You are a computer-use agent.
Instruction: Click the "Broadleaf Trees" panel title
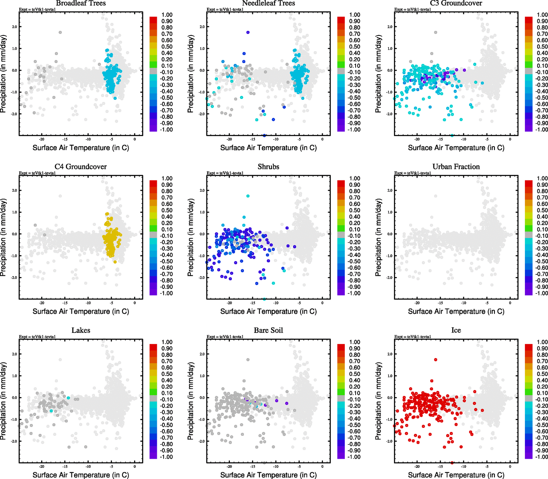[81, 3]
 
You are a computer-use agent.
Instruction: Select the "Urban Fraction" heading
[456, 167]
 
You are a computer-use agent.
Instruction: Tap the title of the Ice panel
[456, 331]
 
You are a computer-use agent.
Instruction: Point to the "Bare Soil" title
[268, 331]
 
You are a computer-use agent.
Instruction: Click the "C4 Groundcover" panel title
[81, 167]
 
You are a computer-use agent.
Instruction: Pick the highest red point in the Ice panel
[435, 360]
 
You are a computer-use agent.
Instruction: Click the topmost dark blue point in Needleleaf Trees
[248, 32]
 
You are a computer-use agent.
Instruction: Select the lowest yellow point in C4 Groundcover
[115, 262]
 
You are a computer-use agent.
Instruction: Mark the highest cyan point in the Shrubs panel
[248, 196]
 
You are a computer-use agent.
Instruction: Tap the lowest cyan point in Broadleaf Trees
[115, 98]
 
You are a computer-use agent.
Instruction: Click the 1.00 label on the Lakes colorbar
[167, 342]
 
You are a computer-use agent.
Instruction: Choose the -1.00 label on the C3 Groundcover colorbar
[542, 130]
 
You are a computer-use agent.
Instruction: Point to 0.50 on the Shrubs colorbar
[355, 210]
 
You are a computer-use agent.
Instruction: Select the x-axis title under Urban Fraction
[456, 311]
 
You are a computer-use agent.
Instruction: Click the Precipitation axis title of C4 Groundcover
[4, 238]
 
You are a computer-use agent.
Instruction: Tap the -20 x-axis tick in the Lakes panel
[42, 466]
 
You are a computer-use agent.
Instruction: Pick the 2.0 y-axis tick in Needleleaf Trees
[202, 27]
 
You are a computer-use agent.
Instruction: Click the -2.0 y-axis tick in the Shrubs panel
[202, 278]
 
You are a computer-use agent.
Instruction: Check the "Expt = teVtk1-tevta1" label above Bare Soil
[225, 337]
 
